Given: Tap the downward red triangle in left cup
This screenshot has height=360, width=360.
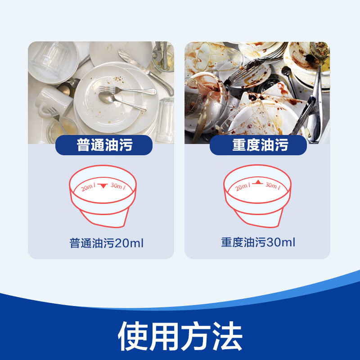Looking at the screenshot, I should point(103,185).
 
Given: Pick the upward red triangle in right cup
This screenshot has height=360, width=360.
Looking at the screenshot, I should point(258,182).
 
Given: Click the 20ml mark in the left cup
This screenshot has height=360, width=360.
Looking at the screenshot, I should point(88,188).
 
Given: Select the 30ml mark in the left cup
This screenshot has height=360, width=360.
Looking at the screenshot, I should point(117,186).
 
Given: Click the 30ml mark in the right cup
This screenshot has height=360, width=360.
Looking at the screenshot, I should point(273,185).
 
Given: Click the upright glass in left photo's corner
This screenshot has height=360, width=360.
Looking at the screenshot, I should point(165,119).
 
